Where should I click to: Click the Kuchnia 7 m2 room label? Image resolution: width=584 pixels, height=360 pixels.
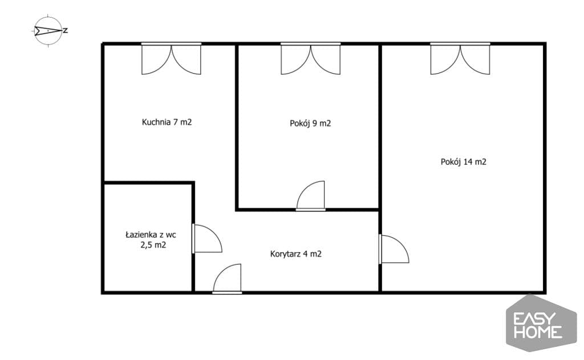[167, 122]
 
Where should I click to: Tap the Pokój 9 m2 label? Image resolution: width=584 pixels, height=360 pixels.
[310, 123]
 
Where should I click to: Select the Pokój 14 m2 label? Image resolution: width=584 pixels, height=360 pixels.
[463, 161]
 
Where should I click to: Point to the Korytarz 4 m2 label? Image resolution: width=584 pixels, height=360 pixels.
[296, 254]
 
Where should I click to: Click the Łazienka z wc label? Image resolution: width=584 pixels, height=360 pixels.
[151, 235]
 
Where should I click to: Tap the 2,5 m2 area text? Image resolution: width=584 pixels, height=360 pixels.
[153, 245]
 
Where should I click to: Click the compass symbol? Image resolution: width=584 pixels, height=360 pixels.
[48, 31]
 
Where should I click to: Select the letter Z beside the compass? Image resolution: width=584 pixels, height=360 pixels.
[66, 31]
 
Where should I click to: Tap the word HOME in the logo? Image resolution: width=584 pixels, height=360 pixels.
[538, 332]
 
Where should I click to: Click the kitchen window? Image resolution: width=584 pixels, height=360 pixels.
[171, 58]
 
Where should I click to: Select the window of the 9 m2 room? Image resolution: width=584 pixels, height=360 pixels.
[311, 58]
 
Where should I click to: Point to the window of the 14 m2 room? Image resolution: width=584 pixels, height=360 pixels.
[460, 58]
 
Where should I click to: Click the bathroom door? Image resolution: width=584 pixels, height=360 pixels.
[206, 238]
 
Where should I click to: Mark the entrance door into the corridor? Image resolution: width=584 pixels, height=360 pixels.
[227, 279]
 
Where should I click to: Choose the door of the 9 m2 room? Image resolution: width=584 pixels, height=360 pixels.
[311, 196]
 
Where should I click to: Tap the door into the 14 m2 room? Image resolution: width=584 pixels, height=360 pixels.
[394, 249]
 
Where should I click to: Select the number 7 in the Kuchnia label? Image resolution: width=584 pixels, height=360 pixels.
[175, 122]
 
